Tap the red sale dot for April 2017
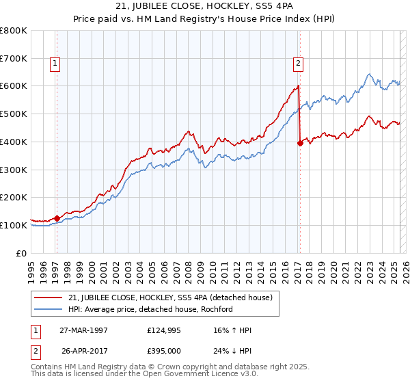click(300, 143)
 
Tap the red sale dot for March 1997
click(57, 218)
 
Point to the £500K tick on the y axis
click(14, 114)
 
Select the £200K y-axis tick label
click(14, 197)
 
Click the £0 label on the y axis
click(22, 252)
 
